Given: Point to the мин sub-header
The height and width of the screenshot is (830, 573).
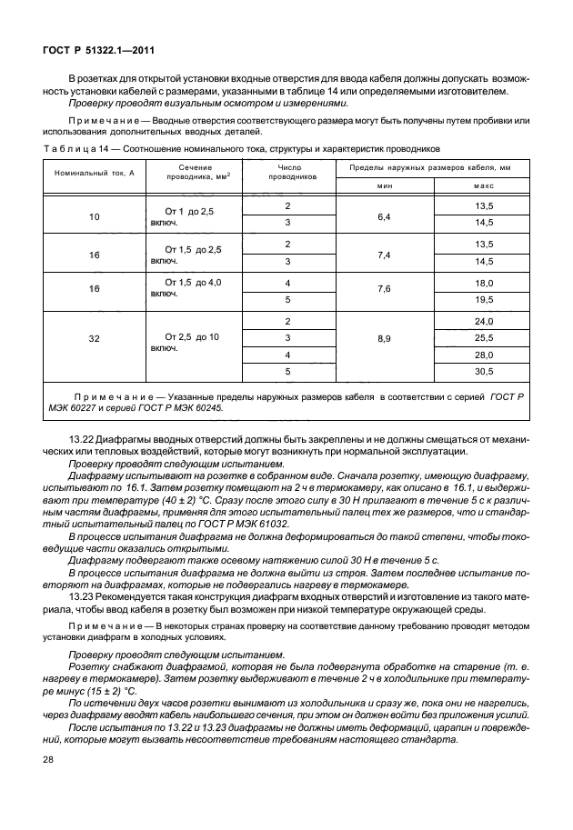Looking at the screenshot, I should [x=384, y=185].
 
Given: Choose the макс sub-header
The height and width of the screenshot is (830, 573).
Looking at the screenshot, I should [x=484, y=185].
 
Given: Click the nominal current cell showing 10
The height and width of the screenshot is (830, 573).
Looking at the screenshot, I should [x=95, y=216].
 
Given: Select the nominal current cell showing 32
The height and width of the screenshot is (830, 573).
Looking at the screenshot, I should [x=95, y=337].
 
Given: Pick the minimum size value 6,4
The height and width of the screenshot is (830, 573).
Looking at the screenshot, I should [x=384, y=216].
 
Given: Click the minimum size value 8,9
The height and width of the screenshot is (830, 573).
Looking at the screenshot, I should [x=384, y=337].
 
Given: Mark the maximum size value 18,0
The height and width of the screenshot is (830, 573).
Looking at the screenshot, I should [x=484, y=284].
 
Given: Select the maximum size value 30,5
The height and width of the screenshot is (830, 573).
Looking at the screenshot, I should [x=484, y=371].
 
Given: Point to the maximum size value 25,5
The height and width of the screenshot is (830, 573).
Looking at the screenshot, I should [x=484, y=338].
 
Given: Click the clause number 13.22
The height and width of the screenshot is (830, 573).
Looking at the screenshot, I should [x=82, y=440].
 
